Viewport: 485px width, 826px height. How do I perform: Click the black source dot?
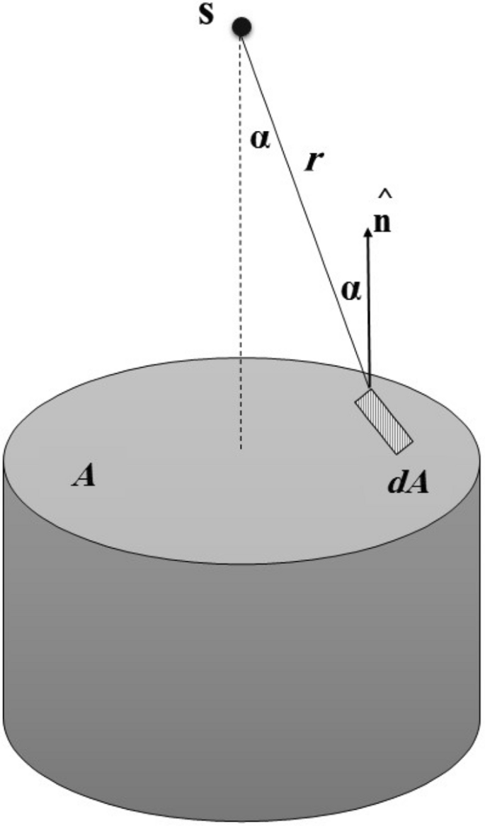point(242,27)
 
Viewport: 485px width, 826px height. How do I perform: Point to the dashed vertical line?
point(241,248)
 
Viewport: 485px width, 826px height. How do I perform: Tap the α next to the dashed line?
point(260,139)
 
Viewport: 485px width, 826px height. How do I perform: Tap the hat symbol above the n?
point(383,192)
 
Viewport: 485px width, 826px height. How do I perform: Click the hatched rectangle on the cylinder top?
point(384,420)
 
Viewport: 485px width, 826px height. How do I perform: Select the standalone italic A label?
point(84,477)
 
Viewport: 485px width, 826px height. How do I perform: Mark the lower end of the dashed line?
point(241,448)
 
